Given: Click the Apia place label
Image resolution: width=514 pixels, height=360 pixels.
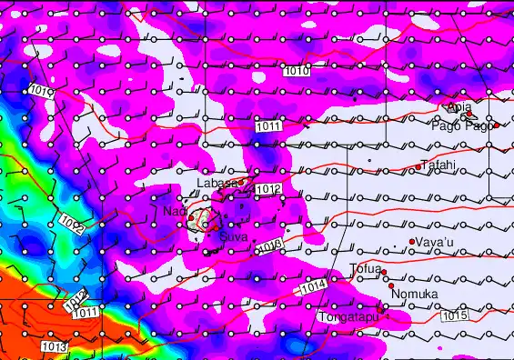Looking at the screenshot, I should point(460,106).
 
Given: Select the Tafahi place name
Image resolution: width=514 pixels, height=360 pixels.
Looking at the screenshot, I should point(439,165).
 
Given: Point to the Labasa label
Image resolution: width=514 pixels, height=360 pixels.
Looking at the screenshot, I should point(217,184).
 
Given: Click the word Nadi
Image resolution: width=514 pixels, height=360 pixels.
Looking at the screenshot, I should point(175,211).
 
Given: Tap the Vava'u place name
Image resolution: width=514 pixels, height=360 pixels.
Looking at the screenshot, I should point(434,242).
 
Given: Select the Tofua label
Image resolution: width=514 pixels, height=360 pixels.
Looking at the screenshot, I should point(365,268).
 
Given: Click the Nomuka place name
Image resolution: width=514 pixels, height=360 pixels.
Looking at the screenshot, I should point(415,294).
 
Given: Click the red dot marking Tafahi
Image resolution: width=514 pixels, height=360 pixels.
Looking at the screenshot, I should point(418,166).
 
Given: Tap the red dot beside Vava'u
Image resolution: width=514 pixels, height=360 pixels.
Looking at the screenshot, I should point(412,241).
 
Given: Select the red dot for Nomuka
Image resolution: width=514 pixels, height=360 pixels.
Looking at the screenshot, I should point(392,285).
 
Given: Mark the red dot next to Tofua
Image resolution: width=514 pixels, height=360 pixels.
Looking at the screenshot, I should point(384,272).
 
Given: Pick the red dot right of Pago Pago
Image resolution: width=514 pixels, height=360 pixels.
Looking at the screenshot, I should point(497,125).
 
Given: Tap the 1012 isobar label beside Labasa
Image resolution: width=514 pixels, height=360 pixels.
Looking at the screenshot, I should point(267,189).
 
